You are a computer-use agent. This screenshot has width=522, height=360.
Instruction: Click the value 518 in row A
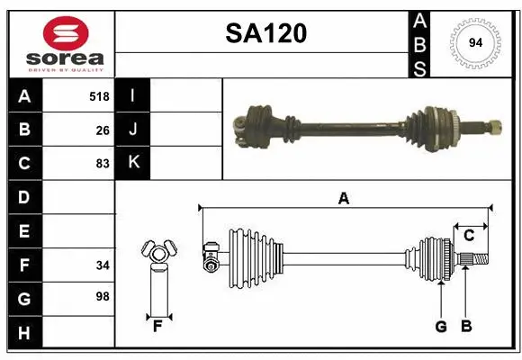99,96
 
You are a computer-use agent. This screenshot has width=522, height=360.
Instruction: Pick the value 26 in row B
103,130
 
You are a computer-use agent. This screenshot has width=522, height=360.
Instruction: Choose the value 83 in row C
103,164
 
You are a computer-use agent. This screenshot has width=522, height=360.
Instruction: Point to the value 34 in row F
103,265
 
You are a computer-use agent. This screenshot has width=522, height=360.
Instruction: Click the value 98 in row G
103,297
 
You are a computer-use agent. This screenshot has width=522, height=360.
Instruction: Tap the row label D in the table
23,197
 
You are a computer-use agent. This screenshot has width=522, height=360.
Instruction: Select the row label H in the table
23,333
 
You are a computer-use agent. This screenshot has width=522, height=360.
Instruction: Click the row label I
132,96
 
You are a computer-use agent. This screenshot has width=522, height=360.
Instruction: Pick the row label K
133,163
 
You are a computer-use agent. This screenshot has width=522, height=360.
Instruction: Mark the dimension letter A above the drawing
343,199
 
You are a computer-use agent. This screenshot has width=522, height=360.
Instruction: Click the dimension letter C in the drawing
469,235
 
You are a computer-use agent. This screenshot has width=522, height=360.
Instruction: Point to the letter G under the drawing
441,327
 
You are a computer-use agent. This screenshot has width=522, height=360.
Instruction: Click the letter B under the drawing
465,327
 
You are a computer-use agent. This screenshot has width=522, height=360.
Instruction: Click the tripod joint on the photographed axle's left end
248,126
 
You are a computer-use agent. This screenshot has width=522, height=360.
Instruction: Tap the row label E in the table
23,231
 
